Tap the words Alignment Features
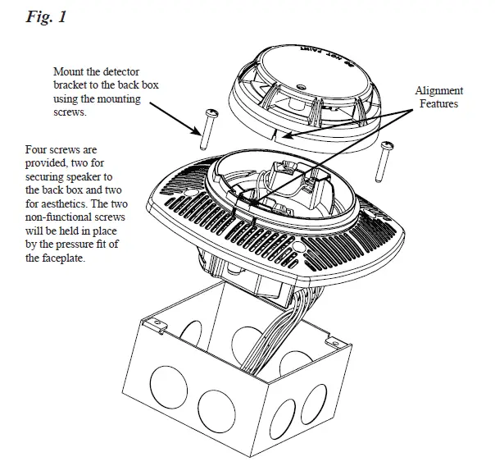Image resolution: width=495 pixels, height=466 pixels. coord(439,97)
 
